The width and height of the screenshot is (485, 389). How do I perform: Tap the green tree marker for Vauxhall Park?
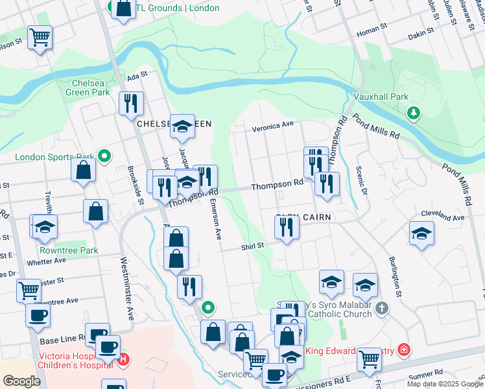pos(412,114)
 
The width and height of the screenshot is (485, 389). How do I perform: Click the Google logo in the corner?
pos(21,381)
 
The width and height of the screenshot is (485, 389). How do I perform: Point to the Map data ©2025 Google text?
pos(445,384)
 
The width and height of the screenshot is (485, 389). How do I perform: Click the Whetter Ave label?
pos(46,261)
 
